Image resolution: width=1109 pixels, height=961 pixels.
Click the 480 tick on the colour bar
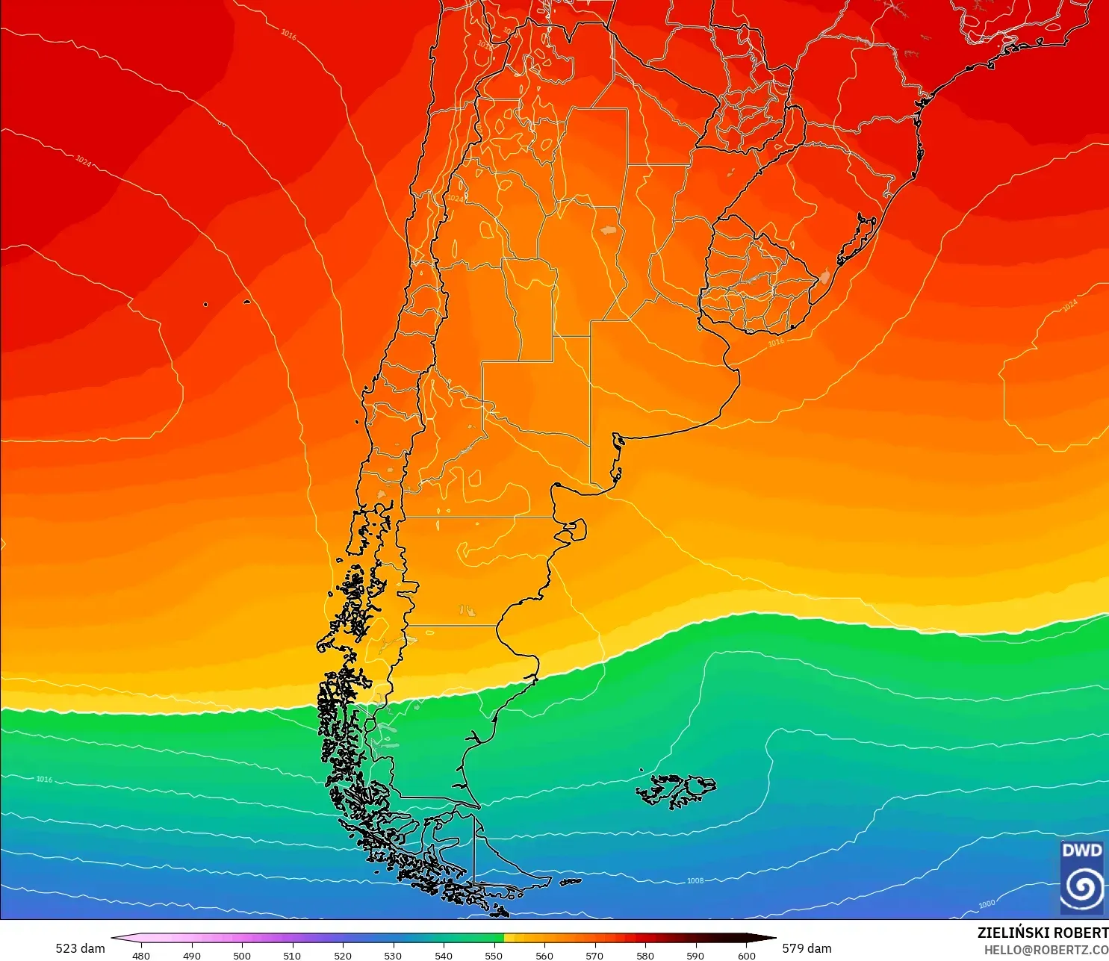pyautogui.click(x=141, y=955)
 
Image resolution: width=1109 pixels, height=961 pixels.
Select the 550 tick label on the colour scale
pyautogui.click(x=494, y=955)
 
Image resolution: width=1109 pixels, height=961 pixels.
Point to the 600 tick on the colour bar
pyautogui.click(x=746, y=955)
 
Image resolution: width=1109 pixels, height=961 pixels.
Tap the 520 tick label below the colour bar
pyautogui.click(x=343, y=955)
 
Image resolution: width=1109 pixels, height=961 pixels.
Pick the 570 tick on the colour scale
pyautogui.click(x=594, y=955)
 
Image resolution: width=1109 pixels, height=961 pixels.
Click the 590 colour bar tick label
pyautogui.click(x=695, y=955)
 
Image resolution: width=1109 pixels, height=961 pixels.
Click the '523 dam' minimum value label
pyautogui.click(x=80, y=948)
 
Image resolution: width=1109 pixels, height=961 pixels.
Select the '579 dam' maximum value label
pyautogui.click(x=807, y=948)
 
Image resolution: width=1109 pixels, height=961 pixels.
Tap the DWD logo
pyautogui.click(x=1081, y=877)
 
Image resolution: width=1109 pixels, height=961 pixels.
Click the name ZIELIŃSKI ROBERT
pyautogui.click(x=1043, y=933)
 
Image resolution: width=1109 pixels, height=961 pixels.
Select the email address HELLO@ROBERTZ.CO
pyautogui.click(x=1046, y=950)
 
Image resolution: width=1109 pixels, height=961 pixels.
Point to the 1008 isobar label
pyautogui.click(x=695, y=881)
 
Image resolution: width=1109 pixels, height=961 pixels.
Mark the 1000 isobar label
pyautogui.click(x=987, y=904)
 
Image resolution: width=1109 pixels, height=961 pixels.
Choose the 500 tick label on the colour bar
pyautogui.click(x=242, y=955)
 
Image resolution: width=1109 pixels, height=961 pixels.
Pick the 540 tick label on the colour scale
pyautogui.click(x=444, y=955)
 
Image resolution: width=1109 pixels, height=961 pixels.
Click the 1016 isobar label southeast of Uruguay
pyautogui.click(x=776, y=343)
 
